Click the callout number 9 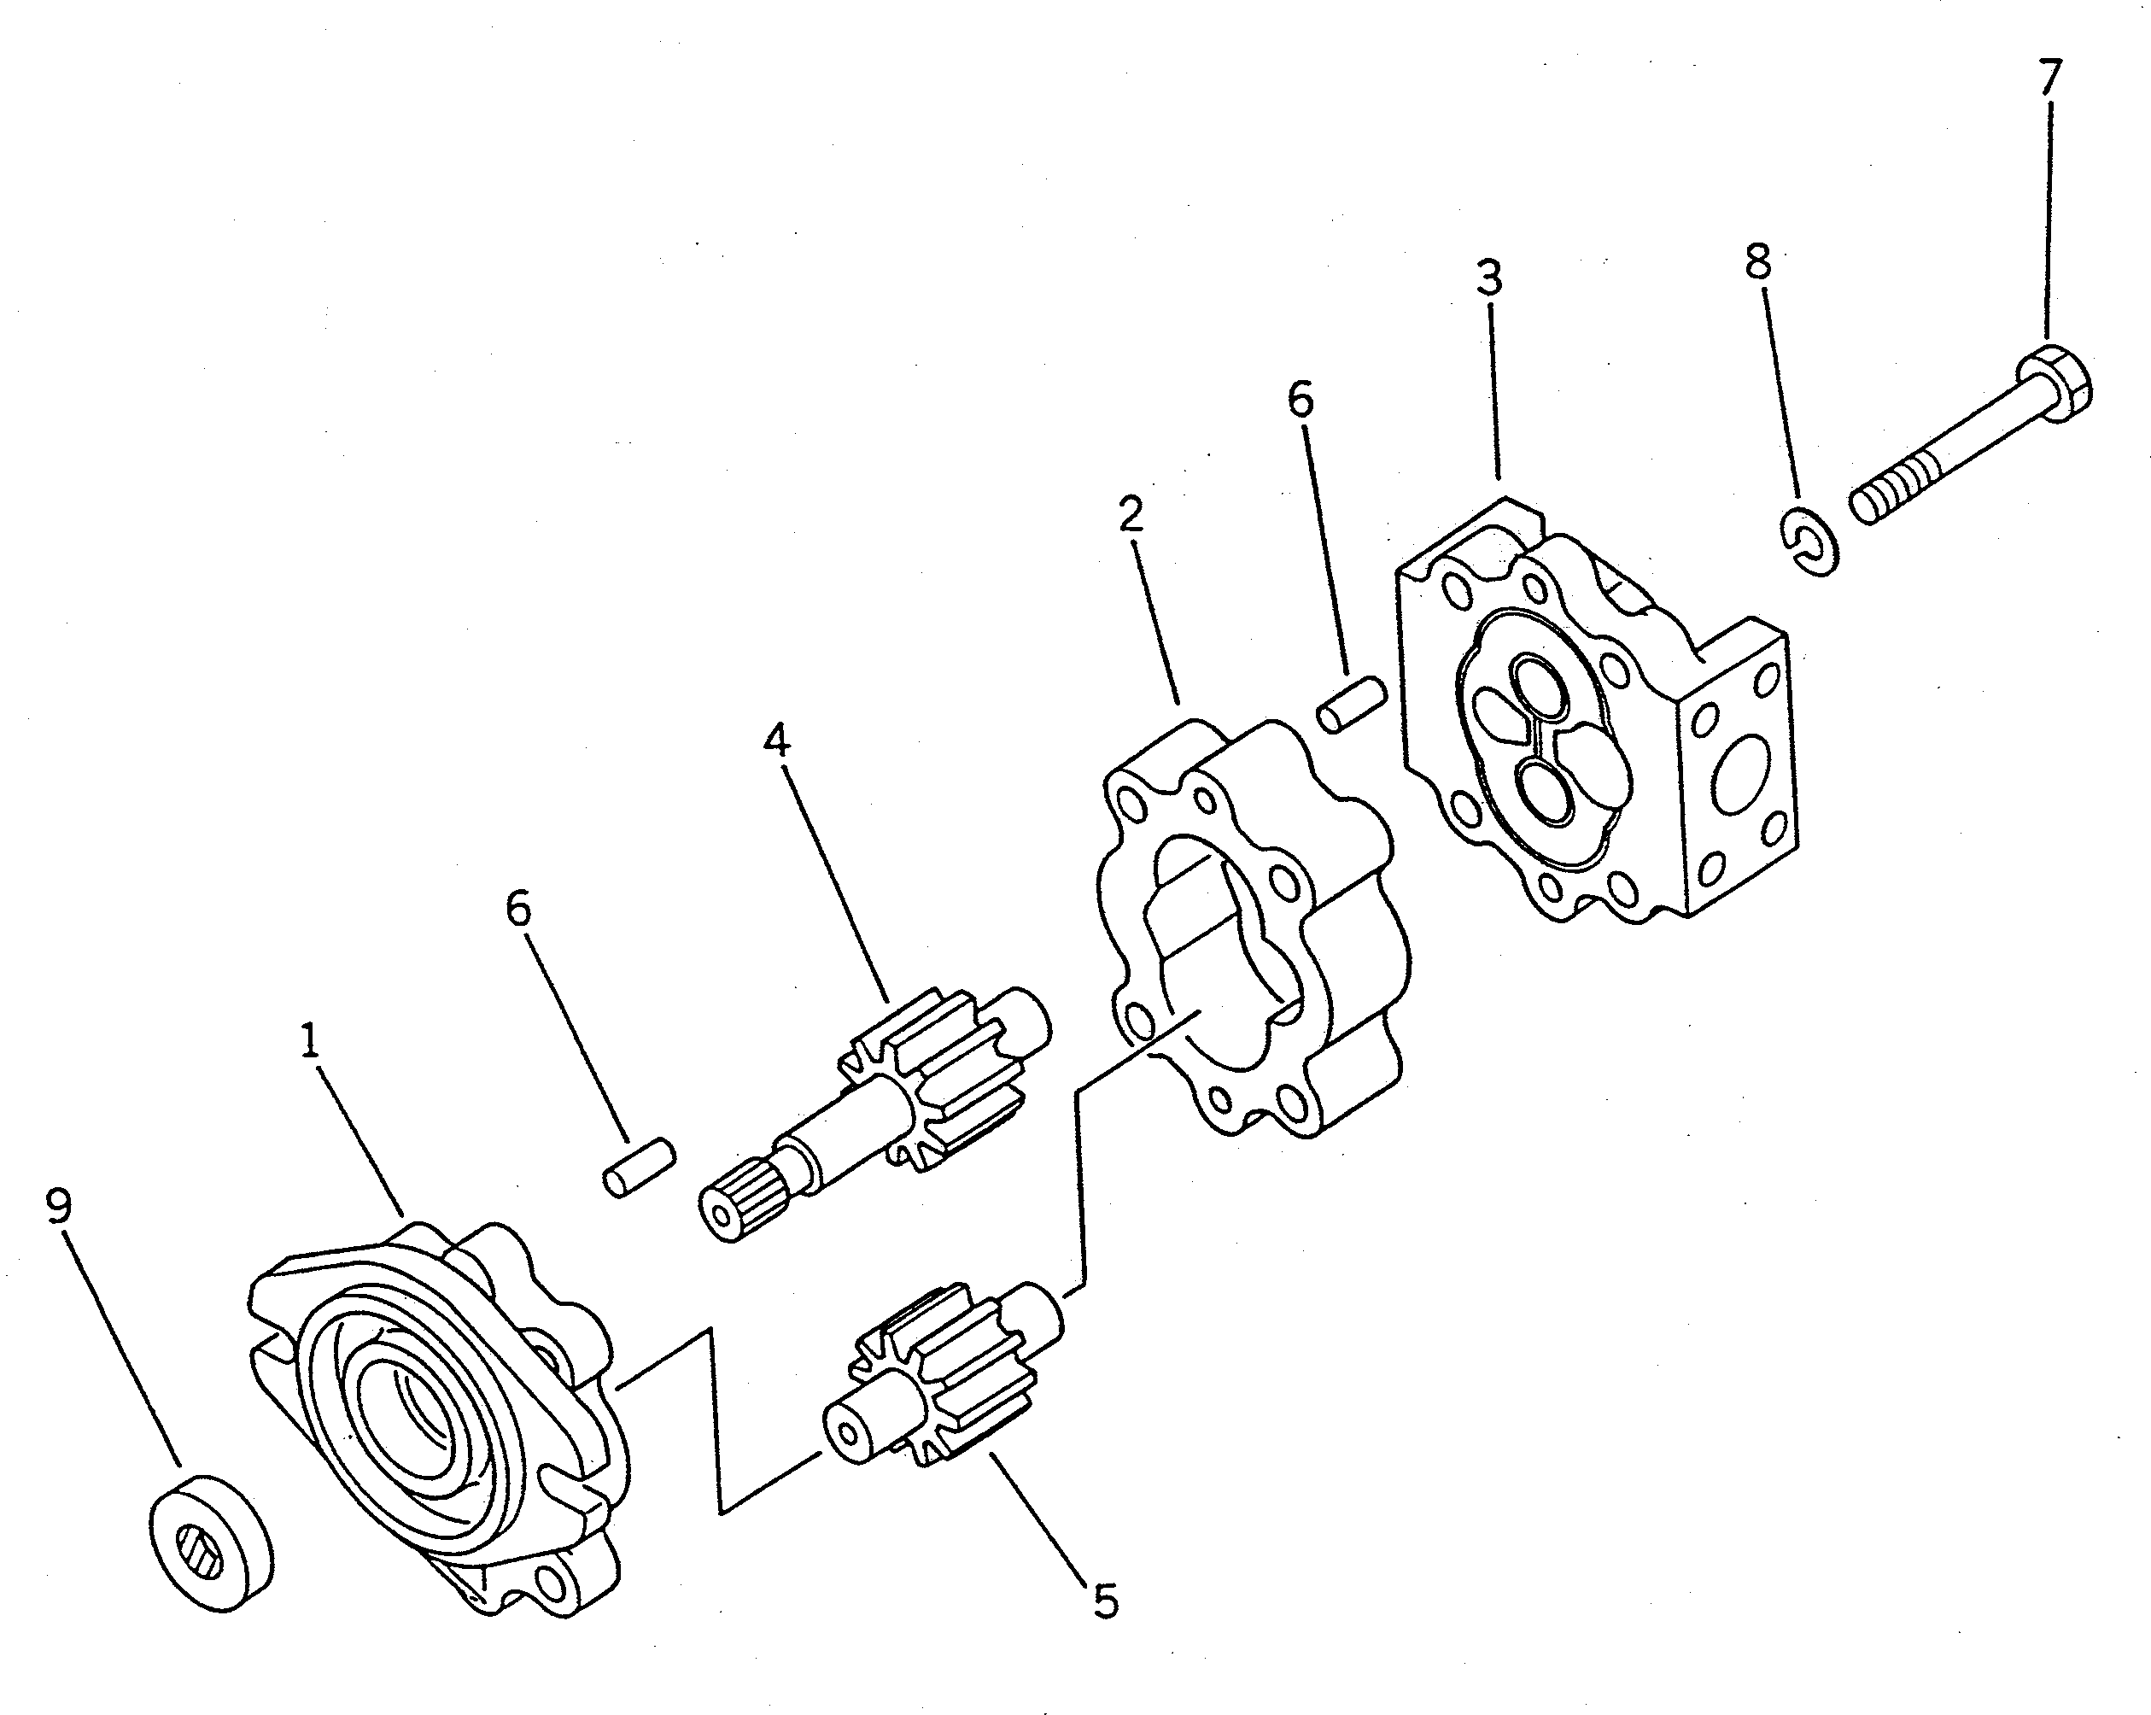[59, 1209]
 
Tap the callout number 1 [310, 1042]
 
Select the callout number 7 [2049, 78]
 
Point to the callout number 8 [1758, 261]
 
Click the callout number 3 [1488, 278]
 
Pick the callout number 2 [1131, 514]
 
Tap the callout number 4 [776, 740]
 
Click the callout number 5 [1106, 1601]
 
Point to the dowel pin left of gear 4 [640, 1168]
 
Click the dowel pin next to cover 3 [1352, 704]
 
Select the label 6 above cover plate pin [1300, 399]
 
